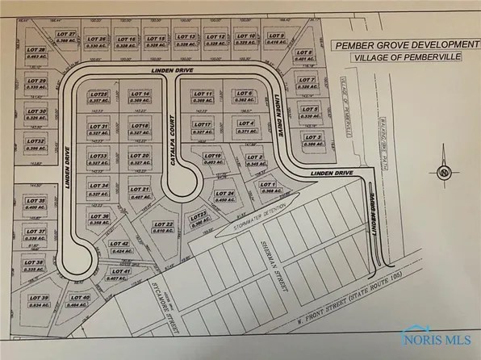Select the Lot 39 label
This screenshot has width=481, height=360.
point(39,301)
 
